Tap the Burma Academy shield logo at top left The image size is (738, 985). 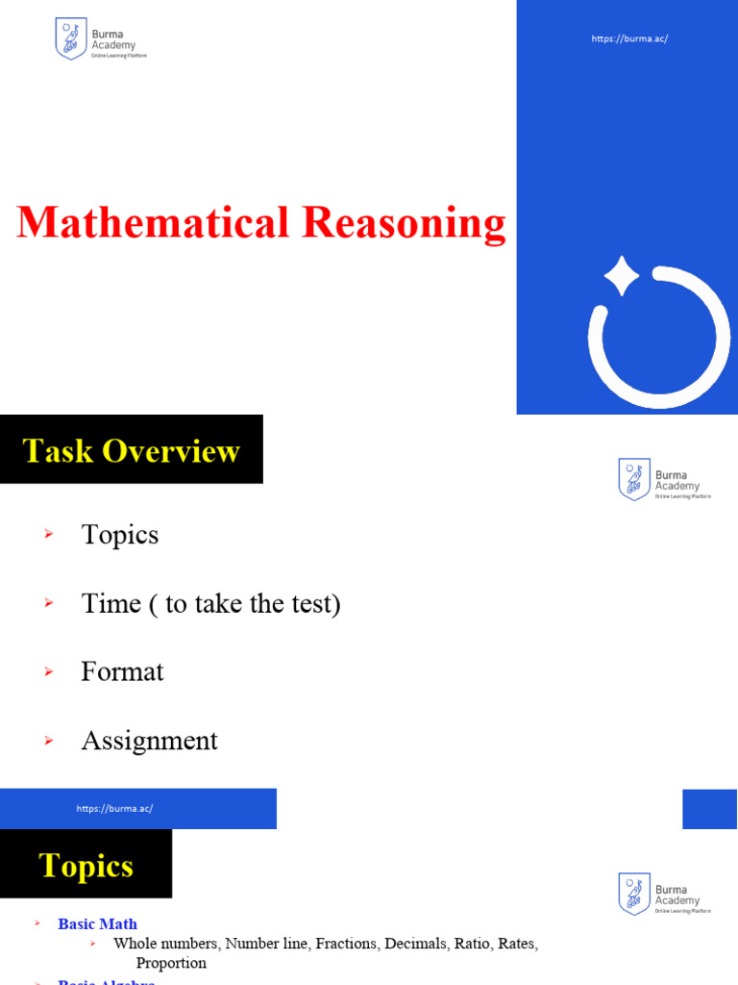(x=71, y=39)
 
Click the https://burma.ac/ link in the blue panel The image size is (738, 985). (x=629, y=38)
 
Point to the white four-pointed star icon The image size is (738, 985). (x=621, y=276)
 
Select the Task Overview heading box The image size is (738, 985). (x=132, y=449)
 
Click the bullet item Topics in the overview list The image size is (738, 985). (x=120, y=535)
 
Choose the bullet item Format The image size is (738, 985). (x=122, y=671)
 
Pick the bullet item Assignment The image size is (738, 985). (x=149, y=741)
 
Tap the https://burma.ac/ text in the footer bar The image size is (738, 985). (x=114, y=809)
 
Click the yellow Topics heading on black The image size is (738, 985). (x=86, y=866)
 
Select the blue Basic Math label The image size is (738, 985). (x=97, y=924)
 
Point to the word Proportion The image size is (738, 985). (x=171, y=963)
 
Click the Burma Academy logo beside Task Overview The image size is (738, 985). (x=634, y=479)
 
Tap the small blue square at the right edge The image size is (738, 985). (x=709, y=809)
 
